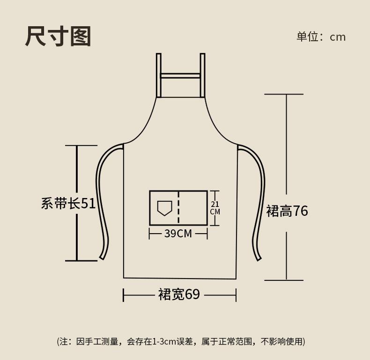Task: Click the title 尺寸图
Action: [x=58, y=37]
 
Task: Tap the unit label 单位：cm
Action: [x=321, y=37]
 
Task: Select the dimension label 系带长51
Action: [x=68, y=203]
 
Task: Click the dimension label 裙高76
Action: [x=287, y=211]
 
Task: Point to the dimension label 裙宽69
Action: [x=179, y=294]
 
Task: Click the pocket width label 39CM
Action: [x=178, y=233]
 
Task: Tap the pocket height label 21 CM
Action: [x=215, y=208]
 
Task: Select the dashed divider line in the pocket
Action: [x=178, y=208]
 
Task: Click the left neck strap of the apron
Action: [x=159, y=75]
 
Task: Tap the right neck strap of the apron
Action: [x=203, y=75]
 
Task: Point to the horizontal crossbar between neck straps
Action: [x=181, y=75]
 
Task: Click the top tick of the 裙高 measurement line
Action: [x=284, y=94]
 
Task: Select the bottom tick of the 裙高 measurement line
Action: [x=284, y=280]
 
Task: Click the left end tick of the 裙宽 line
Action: [x=124, y=295]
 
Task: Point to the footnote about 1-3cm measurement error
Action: [x=181, y=341]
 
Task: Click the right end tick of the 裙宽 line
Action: [x=236, y=295]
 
